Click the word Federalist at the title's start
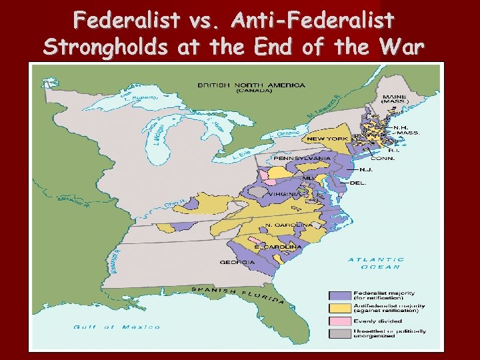pos(127,21)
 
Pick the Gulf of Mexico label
pos(117,327)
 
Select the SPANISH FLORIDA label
pos(238,293)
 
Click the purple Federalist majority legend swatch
pos(340,295)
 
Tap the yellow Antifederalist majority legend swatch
pos(340,308)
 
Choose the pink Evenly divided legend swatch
pos(340,321)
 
